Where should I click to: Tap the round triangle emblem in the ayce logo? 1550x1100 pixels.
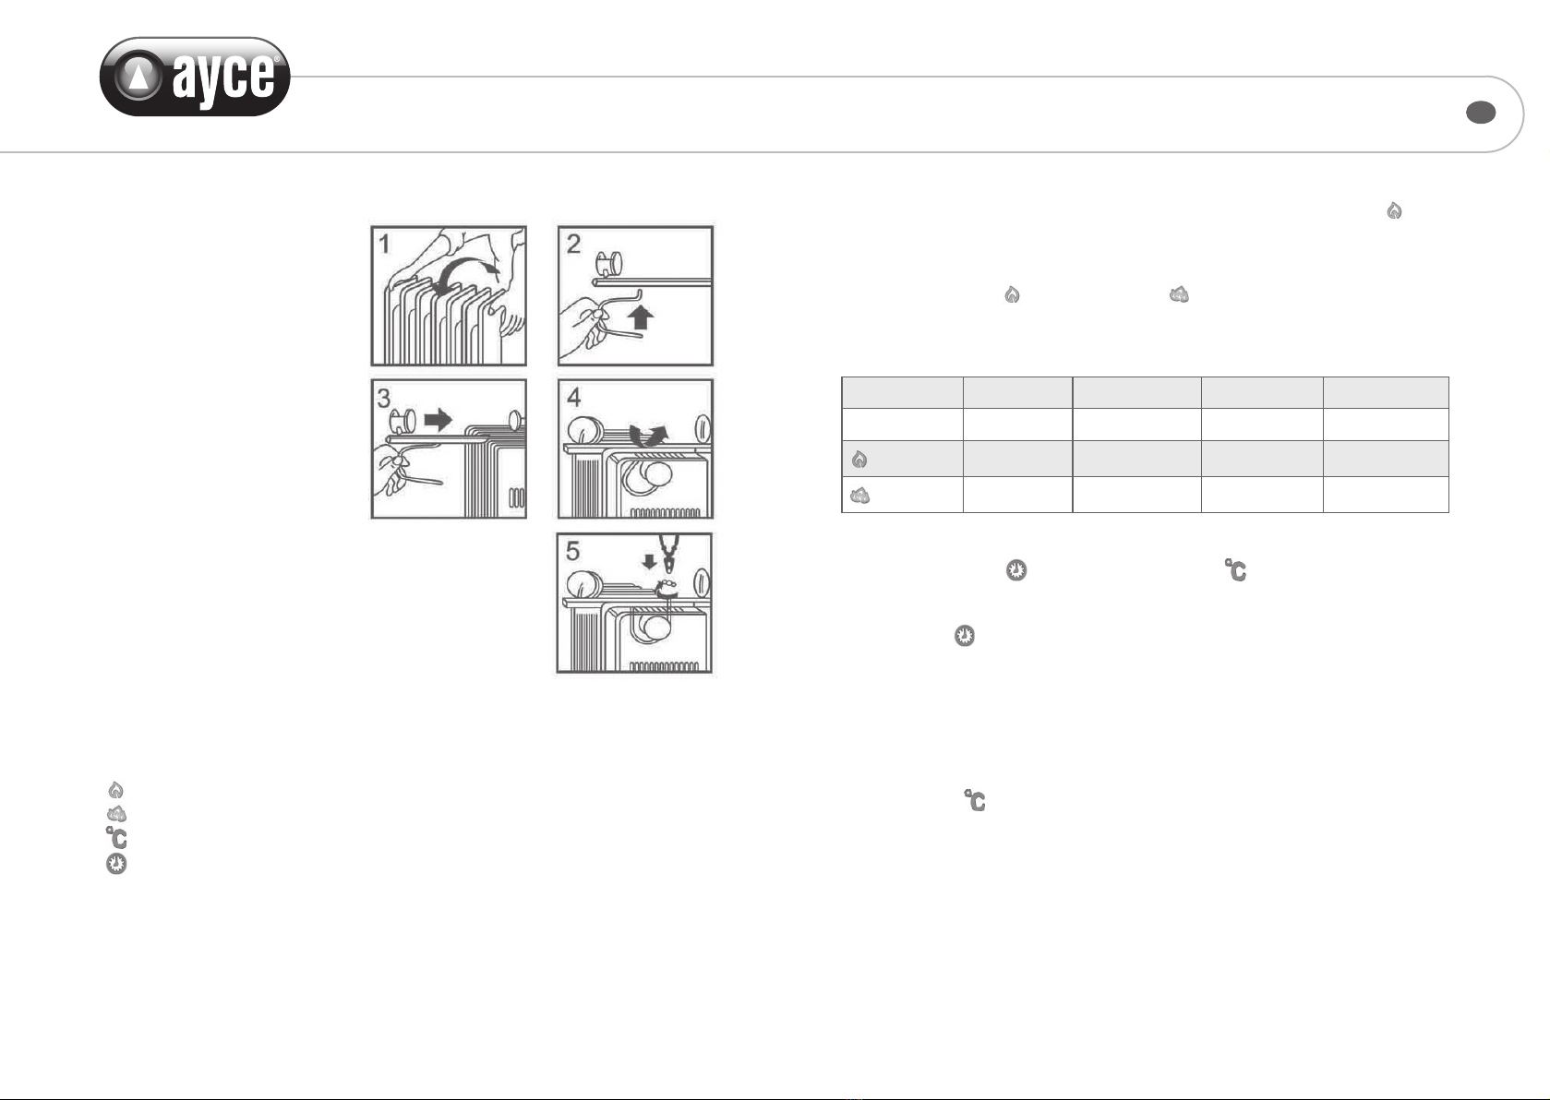pyautogui.click(x=138, y=76)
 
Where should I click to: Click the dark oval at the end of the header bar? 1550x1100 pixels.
pyautogui.click(x=1481, y=112)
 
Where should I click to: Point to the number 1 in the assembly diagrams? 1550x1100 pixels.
pyautogui.click(x=384, y=244)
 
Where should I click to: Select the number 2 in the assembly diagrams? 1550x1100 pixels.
pyautogui.click(x=573, y=244)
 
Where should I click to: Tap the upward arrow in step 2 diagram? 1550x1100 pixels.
pyautogui.click(x=641, y=317)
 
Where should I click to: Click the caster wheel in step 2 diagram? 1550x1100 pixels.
pyautogui.click(x=609, y=264)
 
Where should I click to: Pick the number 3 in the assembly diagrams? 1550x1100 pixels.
pyautogui.click(x=384, y=398)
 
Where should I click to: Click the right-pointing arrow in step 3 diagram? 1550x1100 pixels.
pyautogui.click(x=438, y=419)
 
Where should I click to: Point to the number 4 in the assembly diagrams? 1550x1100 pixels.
pyautogui.click(x=573, y=397)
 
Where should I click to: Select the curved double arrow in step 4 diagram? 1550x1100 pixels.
pyautogui.click(x=648, y=436)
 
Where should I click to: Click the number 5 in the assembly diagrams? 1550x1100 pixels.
pyautogui.click(x=572, y=551)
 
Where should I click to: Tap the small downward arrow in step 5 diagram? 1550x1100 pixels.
pyautogui.click(x=649, y=561)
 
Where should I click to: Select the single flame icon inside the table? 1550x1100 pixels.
pyautogui.click(x=859, y=459)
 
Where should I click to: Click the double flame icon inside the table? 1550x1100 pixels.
pyautogui.click(x=859, y=496)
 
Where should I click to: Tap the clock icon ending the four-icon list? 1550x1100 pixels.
pyautogui.click(x=116, y=864)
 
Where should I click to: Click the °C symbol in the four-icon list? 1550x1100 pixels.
pyautogui.click(x=116, y=838)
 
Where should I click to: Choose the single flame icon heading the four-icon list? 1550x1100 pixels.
pyautogui.click(x=115, y=789)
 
